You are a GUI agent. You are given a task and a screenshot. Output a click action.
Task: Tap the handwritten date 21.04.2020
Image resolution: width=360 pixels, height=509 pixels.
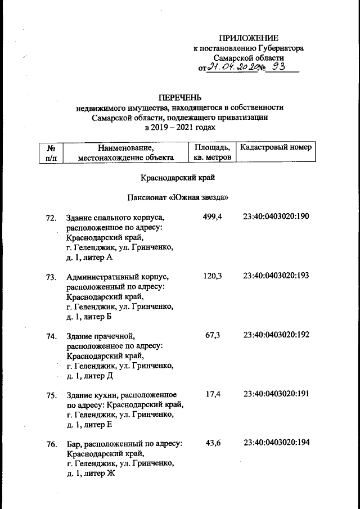[230, 67]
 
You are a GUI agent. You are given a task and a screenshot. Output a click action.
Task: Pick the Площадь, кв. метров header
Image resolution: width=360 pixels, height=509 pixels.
[212, 152]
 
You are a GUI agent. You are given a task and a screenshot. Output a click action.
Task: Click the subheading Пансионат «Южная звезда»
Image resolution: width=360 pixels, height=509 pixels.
[179, 197]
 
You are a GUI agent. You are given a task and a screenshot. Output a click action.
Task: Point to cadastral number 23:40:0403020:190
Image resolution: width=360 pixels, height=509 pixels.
[276, 217]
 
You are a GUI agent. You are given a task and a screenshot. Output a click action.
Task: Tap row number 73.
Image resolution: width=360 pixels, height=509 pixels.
[51, 277]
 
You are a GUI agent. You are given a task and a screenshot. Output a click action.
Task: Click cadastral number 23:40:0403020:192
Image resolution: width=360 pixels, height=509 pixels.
[276, 335]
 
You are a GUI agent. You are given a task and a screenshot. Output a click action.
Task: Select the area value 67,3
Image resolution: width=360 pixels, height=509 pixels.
[213, 335]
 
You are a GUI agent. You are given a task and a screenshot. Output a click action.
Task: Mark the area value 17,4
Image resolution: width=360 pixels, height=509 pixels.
[213, 394]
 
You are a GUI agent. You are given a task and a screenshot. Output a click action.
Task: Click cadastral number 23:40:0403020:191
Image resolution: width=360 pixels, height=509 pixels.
[276, 394]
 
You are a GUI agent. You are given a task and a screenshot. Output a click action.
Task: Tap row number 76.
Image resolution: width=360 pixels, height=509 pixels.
[51, 445]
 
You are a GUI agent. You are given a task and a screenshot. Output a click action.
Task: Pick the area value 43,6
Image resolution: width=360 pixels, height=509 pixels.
[213, 443]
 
